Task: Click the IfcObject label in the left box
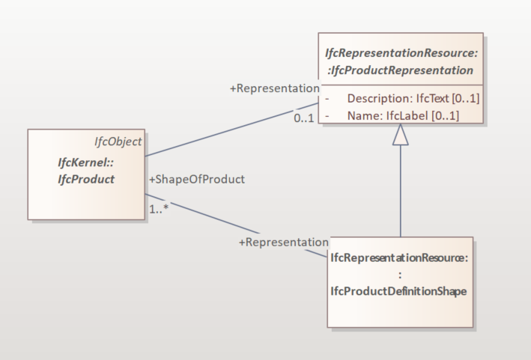118,141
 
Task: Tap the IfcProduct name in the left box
86,179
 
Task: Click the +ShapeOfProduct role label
197,179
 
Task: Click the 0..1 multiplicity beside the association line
303,119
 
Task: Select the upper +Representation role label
274,88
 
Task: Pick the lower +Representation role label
283,242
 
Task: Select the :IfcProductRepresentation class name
401,70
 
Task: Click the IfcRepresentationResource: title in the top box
401,54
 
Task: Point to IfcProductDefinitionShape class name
398,291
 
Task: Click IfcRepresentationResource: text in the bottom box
399,257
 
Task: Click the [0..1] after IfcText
464,99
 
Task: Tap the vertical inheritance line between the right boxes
401,191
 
